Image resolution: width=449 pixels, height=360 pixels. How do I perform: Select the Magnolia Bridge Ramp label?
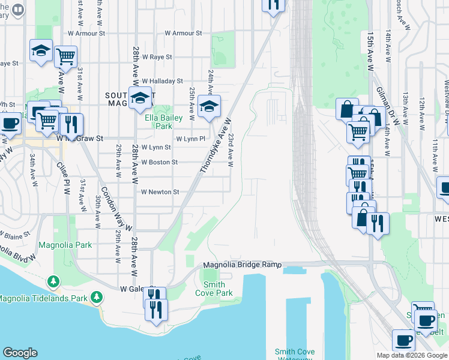[x=242, y=265]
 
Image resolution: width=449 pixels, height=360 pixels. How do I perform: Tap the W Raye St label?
[x=155, y=57]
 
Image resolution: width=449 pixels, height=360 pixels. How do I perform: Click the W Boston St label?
[x=159, y=162]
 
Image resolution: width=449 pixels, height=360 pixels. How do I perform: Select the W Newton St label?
[x=160, y=192]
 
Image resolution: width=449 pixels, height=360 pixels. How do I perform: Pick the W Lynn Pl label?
[x=190, y=139]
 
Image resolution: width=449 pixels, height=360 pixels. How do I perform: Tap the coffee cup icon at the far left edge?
[x=8, y=124]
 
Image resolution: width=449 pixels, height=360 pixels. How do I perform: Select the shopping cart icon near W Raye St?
[x=65, y=56]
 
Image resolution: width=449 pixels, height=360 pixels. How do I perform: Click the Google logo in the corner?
[x=20, y=353]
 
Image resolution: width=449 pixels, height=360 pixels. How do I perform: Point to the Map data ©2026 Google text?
[x=411, y=355]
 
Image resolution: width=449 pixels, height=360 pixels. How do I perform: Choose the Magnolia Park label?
[x=65, y=245]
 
